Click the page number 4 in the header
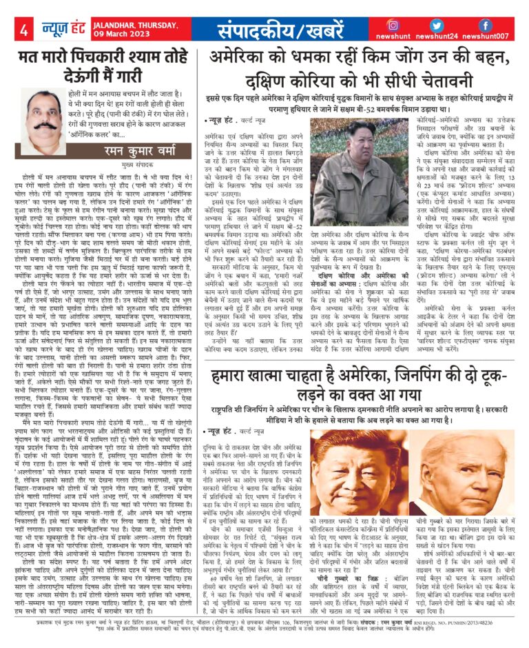pos(24,30)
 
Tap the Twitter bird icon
pos(439,26)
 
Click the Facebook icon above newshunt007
pos(485,26)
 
